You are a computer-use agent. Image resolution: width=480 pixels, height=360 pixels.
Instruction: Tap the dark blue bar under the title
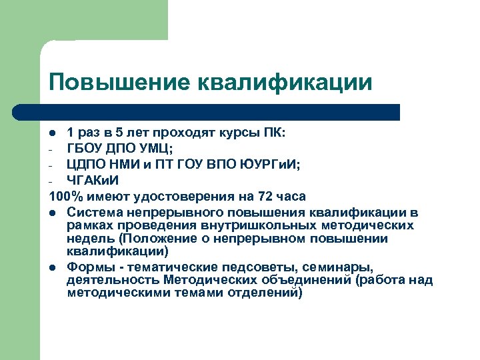tap(220, 112)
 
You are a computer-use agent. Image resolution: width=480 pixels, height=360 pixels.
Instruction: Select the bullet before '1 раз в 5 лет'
tap(53, 133)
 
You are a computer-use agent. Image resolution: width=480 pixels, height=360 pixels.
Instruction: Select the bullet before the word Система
tap(53, 213)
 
